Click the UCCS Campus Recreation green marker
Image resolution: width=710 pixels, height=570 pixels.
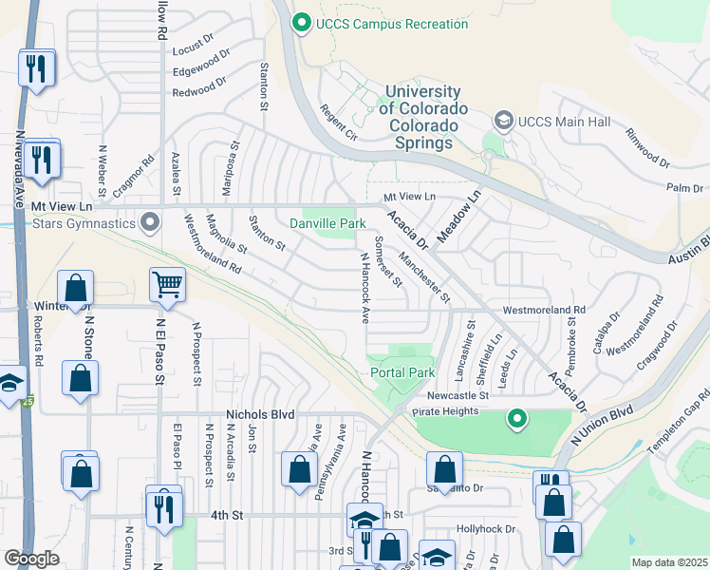tap(303, 24)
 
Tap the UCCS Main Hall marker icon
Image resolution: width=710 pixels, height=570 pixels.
tap(502, 121)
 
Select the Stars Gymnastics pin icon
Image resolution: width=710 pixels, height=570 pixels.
tap(149, 224)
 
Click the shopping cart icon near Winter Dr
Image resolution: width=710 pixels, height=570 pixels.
tap(167, 283)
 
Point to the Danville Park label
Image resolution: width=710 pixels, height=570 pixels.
tap(327, 223)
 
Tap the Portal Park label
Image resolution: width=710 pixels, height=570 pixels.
tap(402, 373)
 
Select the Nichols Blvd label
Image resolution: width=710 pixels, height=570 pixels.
tap(260, 415)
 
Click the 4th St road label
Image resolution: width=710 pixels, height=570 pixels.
tap(227, 515)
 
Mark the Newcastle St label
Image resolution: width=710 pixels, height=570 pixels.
tap(457, 394)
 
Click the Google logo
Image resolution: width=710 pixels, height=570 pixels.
tap(31, 559)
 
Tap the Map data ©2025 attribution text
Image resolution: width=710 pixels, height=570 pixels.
tap(669, 562)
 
